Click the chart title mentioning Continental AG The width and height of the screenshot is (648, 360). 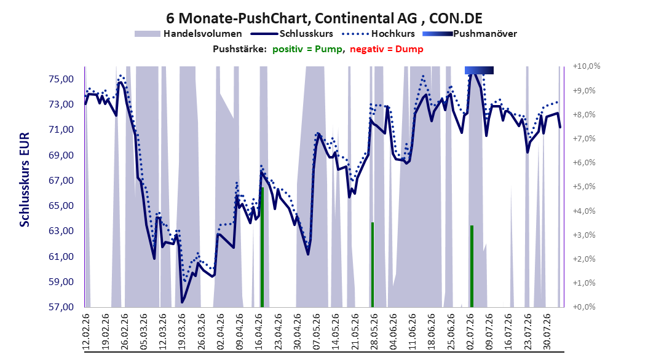pyautogui.click(x=324, y=18)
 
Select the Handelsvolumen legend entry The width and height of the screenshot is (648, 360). pyautogui.click(x=189, y=34)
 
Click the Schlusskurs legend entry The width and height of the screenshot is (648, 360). pyautogui.click(x=292, y=34)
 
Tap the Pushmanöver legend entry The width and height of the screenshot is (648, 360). pyautogui.click(x=470, y=34)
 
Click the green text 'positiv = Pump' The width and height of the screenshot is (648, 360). pyautogui.click(x=307, y=49)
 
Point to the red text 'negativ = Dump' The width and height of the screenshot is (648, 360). pyautogui.click(x=387, y=49)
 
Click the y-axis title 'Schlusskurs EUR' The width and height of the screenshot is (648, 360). pyautogui.click(x=25, y=179)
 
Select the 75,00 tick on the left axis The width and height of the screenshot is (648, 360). pyautogui.click(x=61, y=79)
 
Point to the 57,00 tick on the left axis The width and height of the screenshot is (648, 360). pyautogui.click(x=61, y=307)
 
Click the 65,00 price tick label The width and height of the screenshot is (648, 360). pyautogui.click(x=61, y=206)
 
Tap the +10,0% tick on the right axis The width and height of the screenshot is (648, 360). pyautogui.click(x=587, y=66)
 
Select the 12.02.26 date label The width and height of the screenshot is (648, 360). pyautogui.click(x=86, y=332)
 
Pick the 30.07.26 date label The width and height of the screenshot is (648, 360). pyautogui.click(x=547, y=332)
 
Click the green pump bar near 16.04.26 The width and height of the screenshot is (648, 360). pyautogui.click(x=262, y=248)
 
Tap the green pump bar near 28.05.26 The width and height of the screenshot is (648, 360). pyautogui.click(x=373, y=265)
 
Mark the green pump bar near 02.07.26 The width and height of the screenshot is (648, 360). pyautogui.click(x=472, y=266)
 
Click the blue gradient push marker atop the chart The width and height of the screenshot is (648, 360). pyautogui.click(x=479, y=70)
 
